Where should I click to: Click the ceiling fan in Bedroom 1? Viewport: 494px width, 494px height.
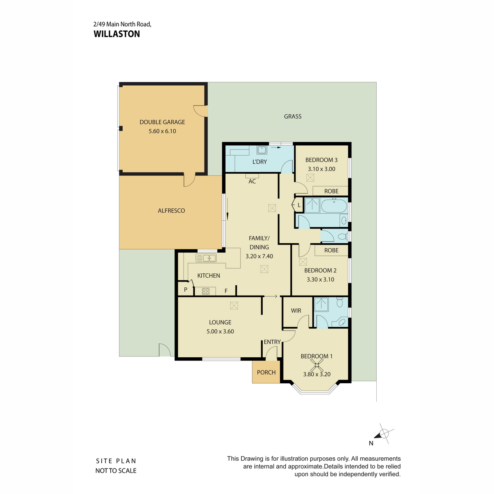[x=317, y=365]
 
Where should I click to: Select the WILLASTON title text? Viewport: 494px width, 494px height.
[x=117, y=34]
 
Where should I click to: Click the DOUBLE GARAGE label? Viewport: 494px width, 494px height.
[x=162, y=122]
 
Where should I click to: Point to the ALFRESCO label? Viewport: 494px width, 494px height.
[x=171, y=210]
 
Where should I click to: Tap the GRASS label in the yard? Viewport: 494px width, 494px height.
[x=293, y=117]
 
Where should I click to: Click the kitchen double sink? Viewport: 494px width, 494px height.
[x=206, y=258]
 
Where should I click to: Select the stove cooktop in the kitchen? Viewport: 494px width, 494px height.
[x=205, y=291]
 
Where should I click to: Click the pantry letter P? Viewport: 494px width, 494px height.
[x=186, y=290]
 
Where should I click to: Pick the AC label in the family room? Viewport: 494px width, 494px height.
[x=252, y=181]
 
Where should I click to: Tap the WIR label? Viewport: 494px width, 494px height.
[x=296, y=310]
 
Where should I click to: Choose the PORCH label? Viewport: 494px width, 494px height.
[x=266, y=372]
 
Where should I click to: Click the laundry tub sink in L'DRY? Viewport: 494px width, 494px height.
[x=262, y=150]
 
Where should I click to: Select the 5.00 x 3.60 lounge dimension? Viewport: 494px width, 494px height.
[x=220, y=331]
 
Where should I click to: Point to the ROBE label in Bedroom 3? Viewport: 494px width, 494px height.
[x=331, y=191]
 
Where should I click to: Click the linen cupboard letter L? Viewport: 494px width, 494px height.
[x=299, y=205]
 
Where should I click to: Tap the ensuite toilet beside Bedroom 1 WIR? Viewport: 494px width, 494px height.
[x=340, y=303]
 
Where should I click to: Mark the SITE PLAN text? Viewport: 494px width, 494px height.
[x=116, y=461]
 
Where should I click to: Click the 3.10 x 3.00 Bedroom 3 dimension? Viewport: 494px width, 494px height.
[x=322, y=169]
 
